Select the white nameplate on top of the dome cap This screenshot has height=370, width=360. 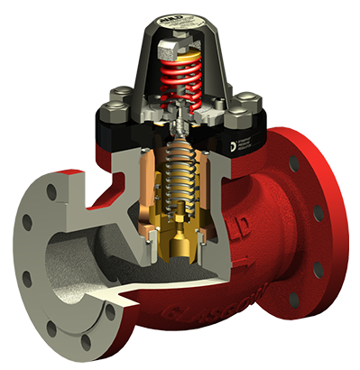pyautogui.click(x=189, y=17)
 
